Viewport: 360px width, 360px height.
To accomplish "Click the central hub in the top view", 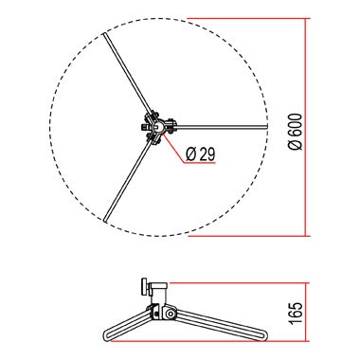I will (155, 125).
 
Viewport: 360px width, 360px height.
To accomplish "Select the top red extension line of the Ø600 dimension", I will (246, 17).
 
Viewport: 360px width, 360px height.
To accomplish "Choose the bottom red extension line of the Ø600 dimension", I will (246, 234).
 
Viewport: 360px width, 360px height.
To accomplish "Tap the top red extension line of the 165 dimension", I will (237, 283).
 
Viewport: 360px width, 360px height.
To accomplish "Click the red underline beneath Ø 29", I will (204, 163).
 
